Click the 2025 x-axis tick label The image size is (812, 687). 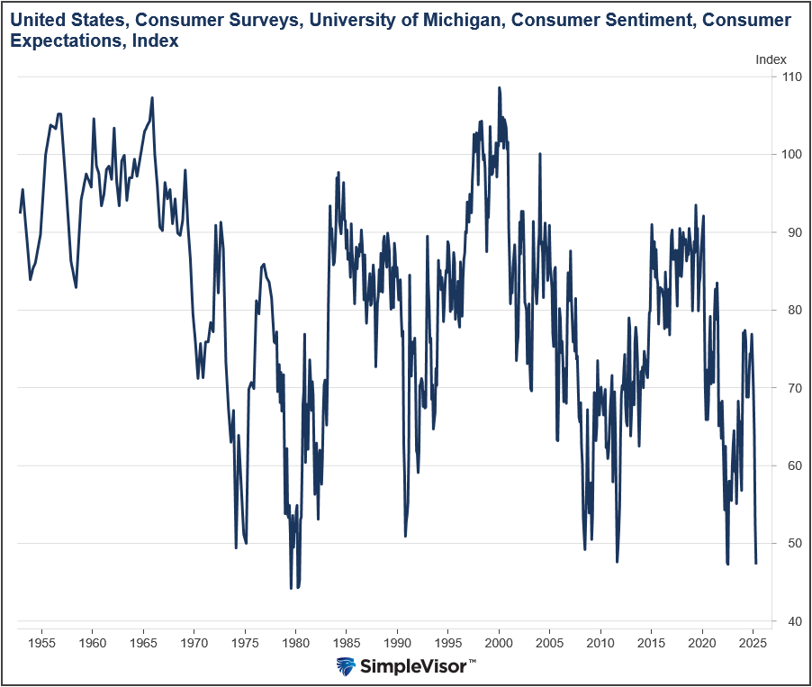click(753, 644)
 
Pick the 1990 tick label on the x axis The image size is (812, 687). click(398, 644)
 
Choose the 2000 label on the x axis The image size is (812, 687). click(500, 644)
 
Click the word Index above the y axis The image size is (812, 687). click(771, 59)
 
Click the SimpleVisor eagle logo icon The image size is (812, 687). click(346, 666)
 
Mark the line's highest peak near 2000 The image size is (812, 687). click(499, 88)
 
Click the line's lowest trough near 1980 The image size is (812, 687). click(292, 588)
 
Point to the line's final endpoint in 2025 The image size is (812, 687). click(756, 564)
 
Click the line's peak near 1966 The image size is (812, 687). click(152, 97)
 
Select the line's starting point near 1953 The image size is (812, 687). click(20, 212)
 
